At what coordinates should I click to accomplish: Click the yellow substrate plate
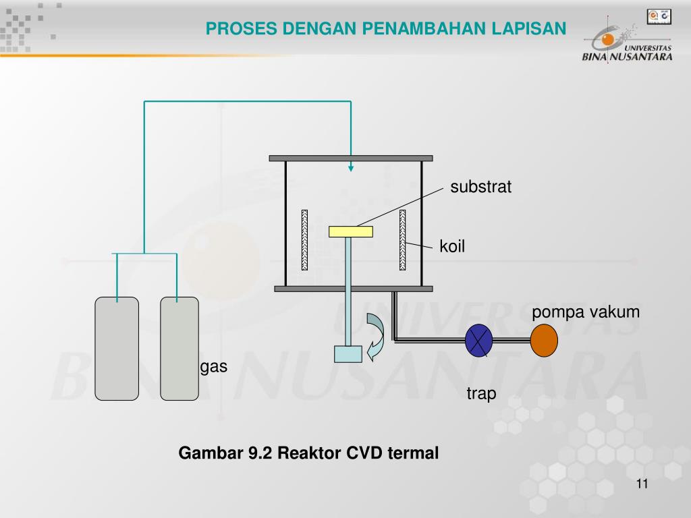click(x=350, y=231)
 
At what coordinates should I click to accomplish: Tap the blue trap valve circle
click(x=479, y=341)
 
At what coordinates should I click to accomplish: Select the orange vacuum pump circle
click(x=544, y=341)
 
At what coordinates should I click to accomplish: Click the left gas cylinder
click(x=117, y=348)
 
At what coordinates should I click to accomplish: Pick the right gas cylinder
click(x=179, y=348)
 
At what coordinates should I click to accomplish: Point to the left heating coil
click(x=304, y=240)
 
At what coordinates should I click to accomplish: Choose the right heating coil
click(x=403, y=240)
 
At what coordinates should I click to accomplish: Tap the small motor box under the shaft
click(x=348, y=354)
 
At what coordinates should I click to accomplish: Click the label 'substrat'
click(x=481, y=188)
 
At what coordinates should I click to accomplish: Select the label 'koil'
click(x=452, y=247)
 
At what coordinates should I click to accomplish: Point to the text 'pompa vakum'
click(x=585, y=312)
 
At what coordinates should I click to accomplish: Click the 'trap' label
click(x=481, y=393)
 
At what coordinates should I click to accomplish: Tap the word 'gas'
click(x=214, y=367)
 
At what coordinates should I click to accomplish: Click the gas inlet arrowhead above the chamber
click(x=350, y=168)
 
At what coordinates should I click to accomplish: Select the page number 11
click(x=641, y=485)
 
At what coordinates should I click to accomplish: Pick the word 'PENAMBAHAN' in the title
click(x=424, y=28)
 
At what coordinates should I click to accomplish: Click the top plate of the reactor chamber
click(x=351, y=159)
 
